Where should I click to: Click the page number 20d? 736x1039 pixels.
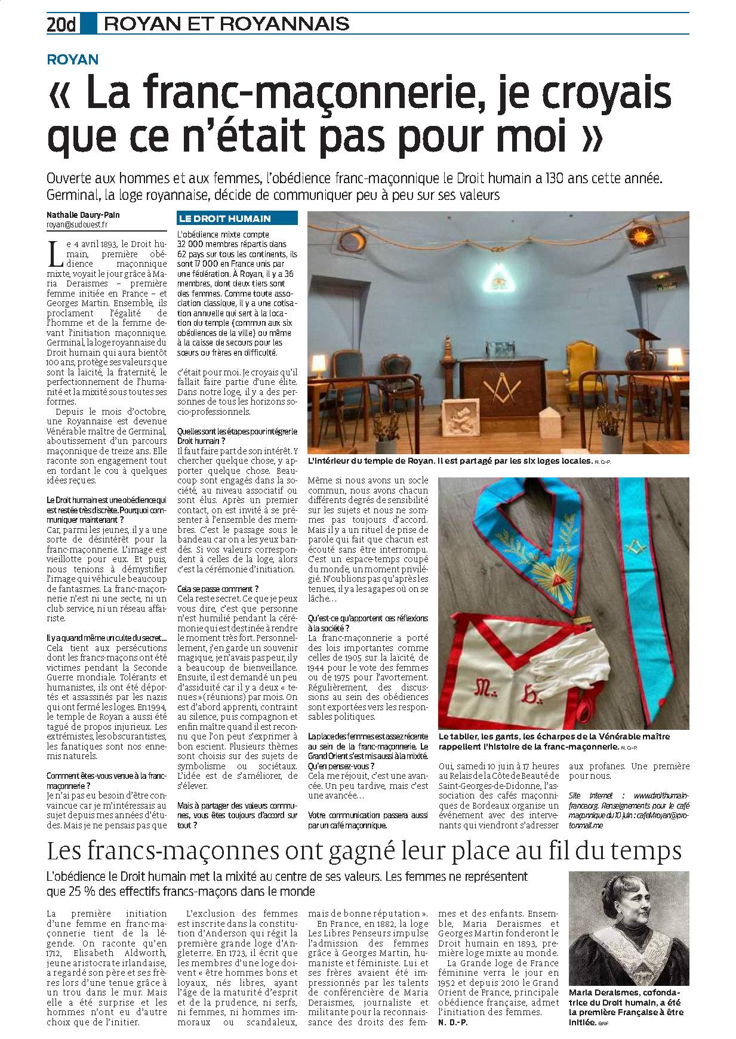[x=62, y=24]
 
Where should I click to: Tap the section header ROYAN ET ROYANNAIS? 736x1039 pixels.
[x=226, y=24]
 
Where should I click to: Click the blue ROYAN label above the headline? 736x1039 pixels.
[x=73, y=59]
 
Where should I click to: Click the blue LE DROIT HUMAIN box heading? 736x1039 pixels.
[x=224, y=219]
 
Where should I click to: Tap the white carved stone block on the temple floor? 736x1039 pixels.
[x=461, y=415]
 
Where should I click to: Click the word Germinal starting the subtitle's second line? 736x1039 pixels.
[x=71, y=195]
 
